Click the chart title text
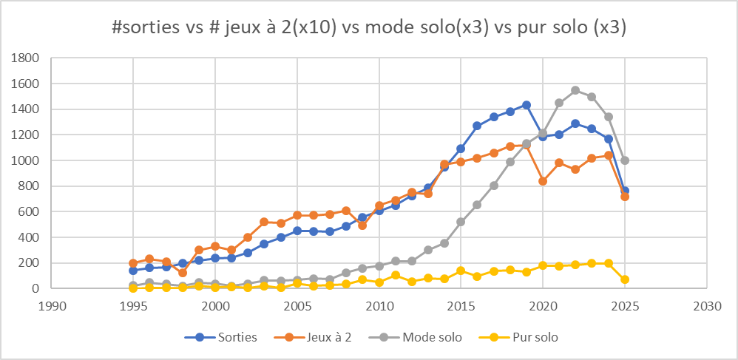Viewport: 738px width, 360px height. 369,27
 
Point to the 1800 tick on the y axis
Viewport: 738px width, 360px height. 26,58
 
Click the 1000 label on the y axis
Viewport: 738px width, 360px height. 26,160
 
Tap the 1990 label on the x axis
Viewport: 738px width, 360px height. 51,304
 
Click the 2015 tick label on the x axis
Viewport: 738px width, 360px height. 461,304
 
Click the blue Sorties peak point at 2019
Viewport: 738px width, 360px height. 527,105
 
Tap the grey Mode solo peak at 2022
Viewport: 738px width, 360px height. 575,90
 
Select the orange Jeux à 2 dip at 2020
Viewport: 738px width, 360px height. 543,181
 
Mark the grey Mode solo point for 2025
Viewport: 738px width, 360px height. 625,160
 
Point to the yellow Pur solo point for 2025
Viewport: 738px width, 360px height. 625,279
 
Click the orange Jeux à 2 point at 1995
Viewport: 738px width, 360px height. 133,263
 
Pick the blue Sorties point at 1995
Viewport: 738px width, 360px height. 133,271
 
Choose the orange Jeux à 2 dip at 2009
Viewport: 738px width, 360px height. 362,225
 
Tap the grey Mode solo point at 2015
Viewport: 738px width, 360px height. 461,222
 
